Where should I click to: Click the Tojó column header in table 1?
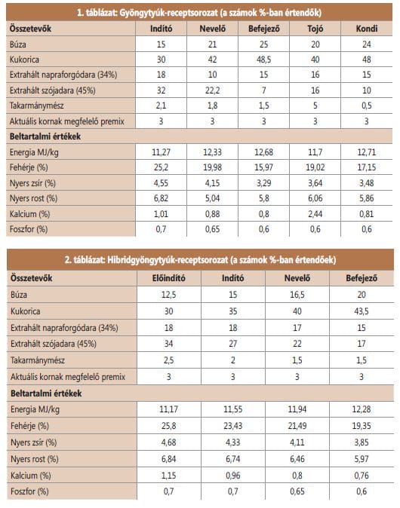[315, 29]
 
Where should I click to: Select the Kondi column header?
[367, 29]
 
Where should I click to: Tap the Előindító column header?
[169, 278]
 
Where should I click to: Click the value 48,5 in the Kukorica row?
[263, 60]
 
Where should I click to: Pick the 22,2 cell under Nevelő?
[212, 90]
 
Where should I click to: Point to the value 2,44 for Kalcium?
[315, 214]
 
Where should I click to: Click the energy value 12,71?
[367, 152]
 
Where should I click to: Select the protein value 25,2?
[161, 167]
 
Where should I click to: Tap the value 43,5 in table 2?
[362, 311]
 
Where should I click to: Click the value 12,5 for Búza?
[169, 295]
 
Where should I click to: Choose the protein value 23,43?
[232, 426]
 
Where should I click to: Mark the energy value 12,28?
[362, 409]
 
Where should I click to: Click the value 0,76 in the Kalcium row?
[362, 476]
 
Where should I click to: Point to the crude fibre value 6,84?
[169, 459]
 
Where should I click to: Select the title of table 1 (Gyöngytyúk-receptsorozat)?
[199, 13]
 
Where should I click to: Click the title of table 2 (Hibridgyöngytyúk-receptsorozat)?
[200, 260]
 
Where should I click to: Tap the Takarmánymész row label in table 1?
[37, 106]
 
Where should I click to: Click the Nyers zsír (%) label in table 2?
[33, 442]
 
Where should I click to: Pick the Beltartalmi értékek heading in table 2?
[46, 393]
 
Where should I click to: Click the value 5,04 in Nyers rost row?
[212, 198]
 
